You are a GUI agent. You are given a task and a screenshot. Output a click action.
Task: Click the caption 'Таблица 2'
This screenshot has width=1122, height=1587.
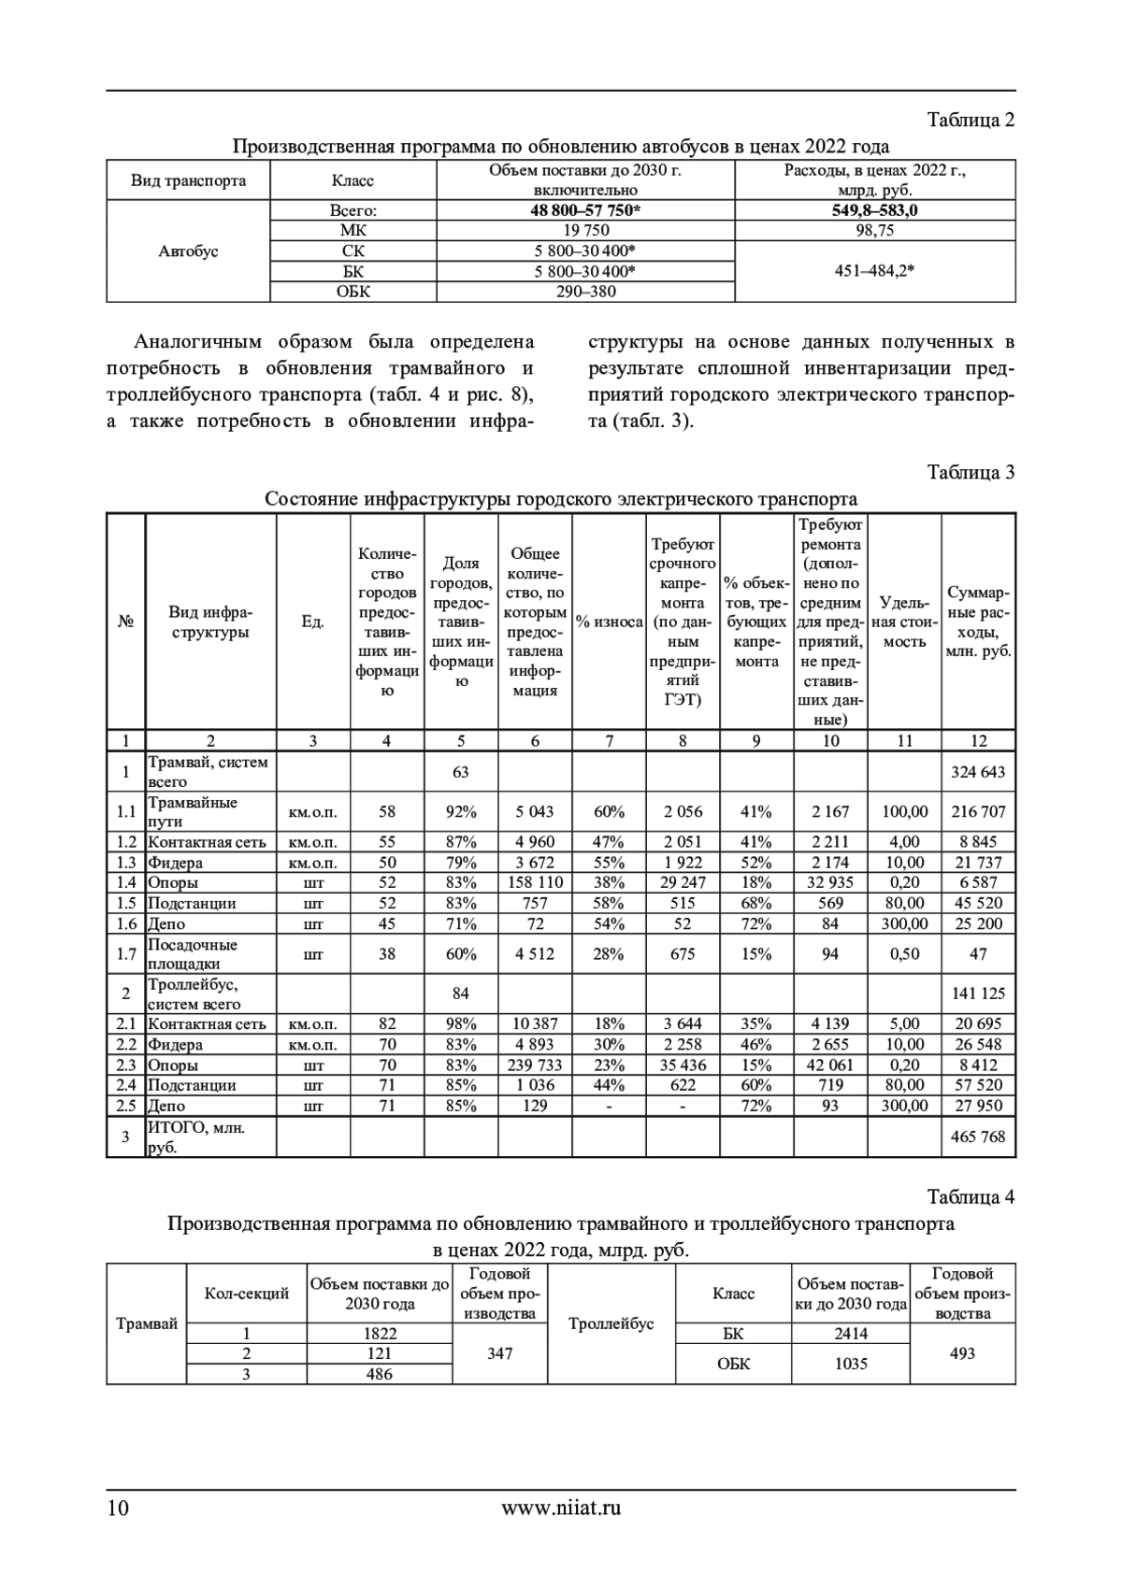pyautogui.click(x=971, y=121)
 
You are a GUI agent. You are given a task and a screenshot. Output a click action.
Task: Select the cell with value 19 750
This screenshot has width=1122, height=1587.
pyautogui.click(x=585, y=231)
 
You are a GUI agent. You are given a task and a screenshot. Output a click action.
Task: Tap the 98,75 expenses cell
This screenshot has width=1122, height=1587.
pyautogui.click(x=874, y=231)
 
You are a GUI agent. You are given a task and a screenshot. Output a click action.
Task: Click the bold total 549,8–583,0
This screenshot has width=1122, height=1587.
pyautogui.click(x=874, y=210)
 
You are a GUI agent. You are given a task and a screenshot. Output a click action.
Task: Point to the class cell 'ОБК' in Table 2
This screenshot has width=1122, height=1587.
pyautogui.click(x=352, y=292)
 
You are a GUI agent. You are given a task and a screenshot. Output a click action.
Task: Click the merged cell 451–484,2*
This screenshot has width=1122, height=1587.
pyautogui.click(x=874, y=271)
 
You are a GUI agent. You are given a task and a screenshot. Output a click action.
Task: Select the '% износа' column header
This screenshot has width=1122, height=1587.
pyautogui.click(x=609, y=622)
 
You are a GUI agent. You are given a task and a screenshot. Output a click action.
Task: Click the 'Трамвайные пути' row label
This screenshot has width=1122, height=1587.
pyautogui.click(x=193, y=811)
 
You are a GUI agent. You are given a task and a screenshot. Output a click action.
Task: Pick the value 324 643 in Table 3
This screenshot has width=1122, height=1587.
pyautogui.click(x=978, y=772)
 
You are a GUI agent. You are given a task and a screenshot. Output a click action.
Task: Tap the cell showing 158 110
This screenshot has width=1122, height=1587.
pyautogui.click(x=535, y=882)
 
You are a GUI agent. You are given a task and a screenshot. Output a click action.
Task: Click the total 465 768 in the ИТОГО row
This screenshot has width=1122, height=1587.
pyautogui.click(x=978, y=1137)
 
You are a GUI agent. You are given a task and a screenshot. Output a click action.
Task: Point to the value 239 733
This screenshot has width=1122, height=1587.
pyautogui.click(x=535, y=1065)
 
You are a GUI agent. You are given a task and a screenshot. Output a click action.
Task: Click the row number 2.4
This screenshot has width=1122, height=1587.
pyautogui.click(x=125, y=1085)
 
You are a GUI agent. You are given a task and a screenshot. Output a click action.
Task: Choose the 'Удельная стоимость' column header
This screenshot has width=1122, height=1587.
pyautogui.click(x=904, y=622)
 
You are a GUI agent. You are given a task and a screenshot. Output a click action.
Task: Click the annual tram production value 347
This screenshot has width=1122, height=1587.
pyautogui.click(x=499, y=1353)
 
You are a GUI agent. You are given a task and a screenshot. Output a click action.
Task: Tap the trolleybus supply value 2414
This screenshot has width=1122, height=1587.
pyautogui.click(x=850, y=1334)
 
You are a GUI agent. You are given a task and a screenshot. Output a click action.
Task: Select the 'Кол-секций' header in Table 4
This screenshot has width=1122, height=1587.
pyautogui.click(x=247, y=1294)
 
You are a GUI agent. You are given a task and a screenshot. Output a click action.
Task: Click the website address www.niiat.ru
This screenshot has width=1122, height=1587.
pyautogui.click(x=561, y=1507)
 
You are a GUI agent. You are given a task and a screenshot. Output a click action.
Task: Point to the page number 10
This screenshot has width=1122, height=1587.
pyautogui.click(x=118, y=1508)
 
